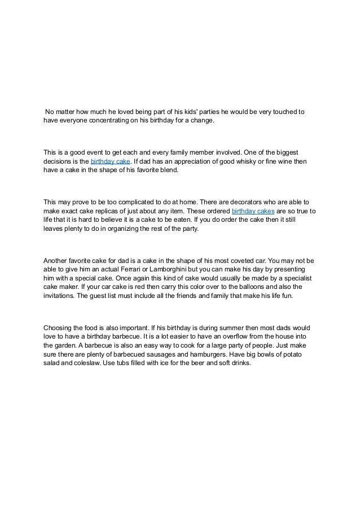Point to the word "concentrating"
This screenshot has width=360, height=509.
[x=113, y=121]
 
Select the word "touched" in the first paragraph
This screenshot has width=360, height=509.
[x=283, y=111]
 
